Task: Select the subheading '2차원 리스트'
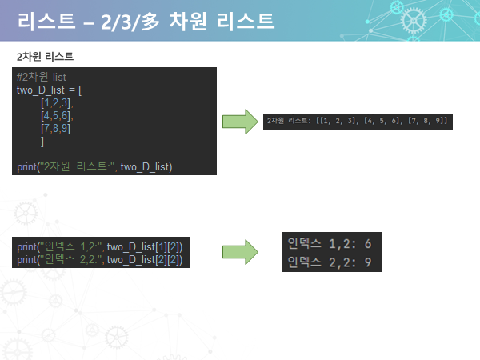click(45, 58)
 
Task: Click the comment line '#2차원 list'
click(42, 77)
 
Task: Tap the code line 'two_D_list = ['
click(49, 90)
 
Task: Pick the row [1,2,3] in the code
click(57, 102)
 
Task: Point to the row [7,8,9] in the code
click(57, 128)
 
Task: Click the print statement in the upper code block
click(94, 166)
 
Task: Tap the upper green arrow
click(239, 122)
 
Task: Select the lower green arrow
click(239, 252)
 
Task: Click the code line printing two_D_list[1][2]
click(100, 247)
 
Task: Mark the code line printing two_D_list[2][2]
click(100, 260)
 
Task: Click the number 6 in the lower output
click(367, 242)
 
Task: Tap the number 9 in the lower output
click(367, 262)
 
